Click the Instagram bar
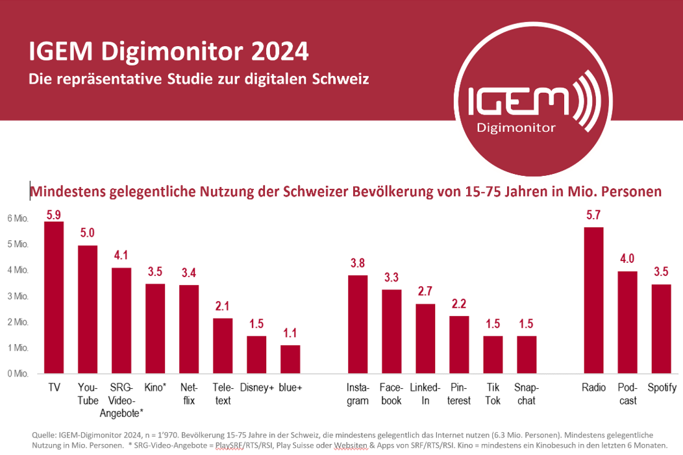(x=358, y=324)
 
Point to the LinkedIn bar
(x=425, y=338)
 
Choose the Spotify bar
(x=661, y=328)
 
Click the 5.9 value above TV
(x=54, y=214)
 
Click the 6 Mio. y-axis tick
(x=18, y=218)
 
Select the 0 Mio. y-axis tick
(x=18, y=373)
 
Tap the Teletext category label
(x=223, y=394)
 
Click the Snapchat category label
(x=527, y=394)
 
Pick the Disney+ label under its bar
(x=256, y=388)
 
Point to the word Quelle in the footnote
(x=44, y=434)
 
